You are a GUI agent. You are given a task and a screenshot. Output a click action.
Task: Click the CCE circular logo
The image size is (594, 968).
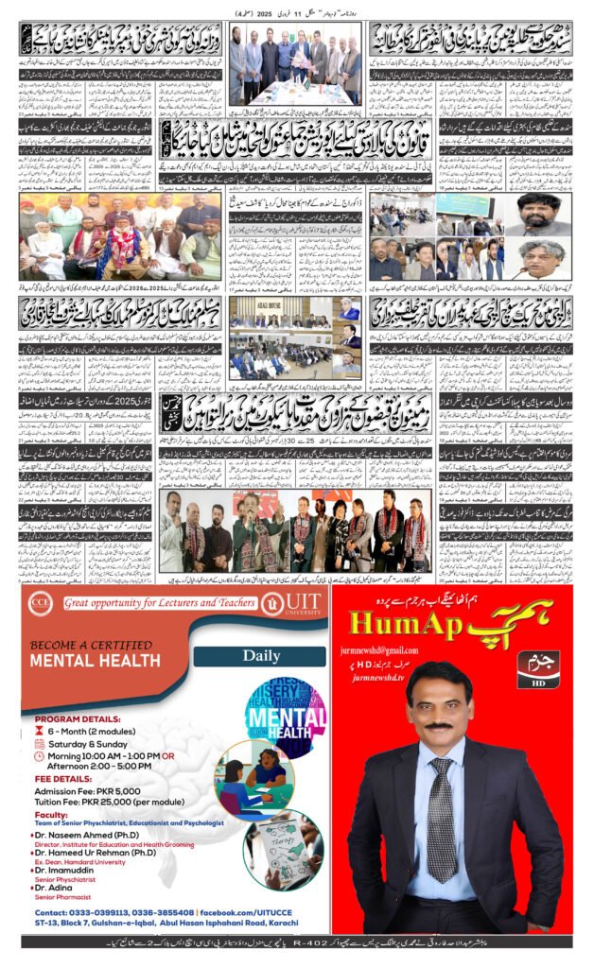(x=41, y=604)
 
